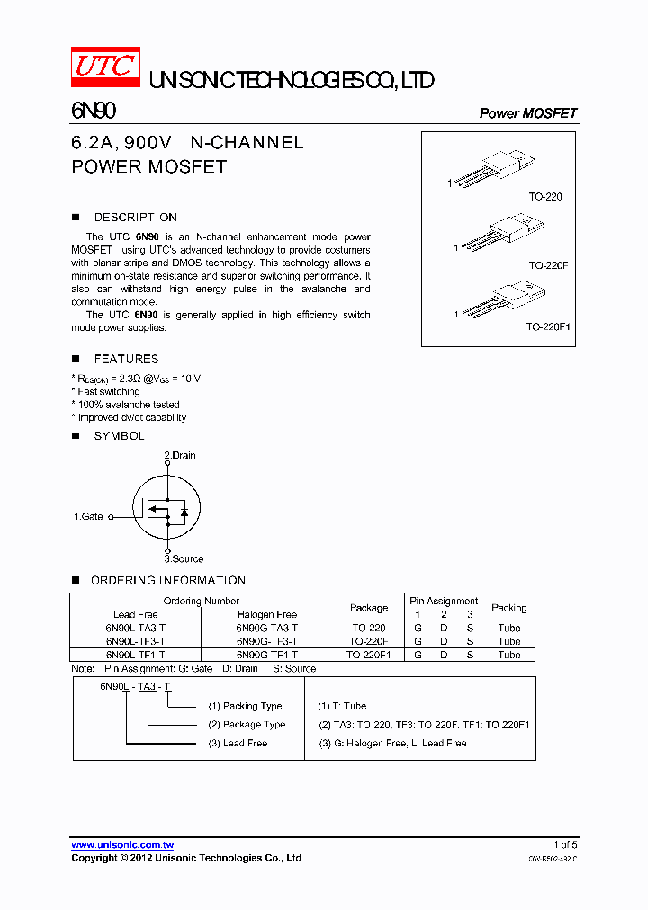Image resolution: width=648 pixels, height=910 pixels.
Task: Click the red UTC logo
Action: point(105,67)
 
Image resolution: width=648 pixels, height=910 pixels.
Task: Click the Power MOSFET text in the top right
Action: point(527,113)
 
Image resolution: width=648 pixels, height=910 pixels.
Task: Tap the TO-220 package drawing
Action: point(493,170)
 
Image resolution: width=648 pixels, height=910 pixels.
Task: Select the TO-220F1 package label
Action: point(548,327)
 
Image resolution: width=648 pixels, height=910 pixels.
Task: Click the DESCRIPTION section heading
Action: point(135,218)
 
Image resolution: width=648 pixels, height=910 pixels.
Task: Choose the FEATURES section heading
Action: point(126,359)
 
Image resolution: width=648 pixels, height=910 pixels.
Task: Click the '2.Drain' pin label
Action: point(180,455)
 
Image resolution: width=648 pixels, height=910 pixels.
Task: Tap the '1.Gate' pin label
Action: point(88,517)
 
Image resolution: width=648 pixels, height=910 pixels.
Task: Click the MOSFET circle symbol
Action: point(166,510)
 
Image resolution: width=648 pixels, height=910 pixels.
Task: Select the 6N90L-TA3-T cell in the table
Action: point(135,628)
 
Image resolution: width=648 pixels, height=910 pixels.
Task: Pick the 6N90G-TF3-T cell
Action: point(267,641)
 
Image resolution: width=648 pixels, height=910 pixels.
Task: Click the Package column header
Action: point(369,608)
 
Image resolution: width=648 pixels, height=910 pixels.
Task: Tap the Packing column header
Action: point(508,608)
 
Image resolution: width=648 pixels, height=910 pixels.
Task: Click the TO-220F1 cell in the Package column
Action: point(369,655)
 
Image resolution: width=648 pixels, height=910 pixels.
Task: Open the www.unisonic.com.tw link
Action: point(122,845)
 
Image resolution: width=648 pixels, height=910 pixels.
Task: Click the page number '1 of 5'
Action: point(564,844)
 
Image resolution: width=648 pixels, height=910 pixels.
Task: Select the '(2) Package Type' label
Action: point(247,725)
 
